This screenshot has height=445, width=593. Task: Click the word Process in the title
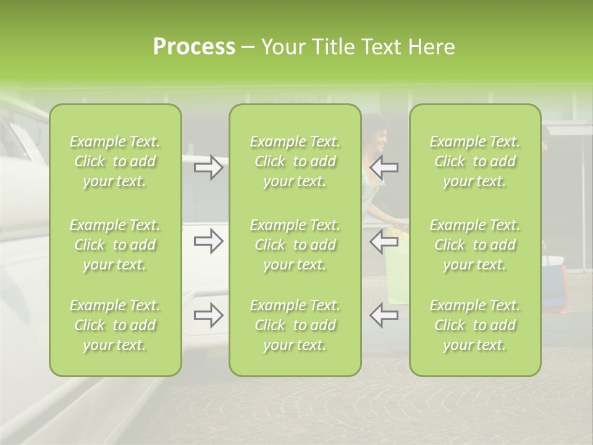pyautogui.click(x=194, y=47)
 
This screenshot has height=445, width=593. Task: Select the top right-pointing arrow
pyautogui.click(x=209, y=167)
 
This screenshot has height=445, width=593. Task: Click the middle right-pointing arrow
pyautogui.click(x=209, y=242)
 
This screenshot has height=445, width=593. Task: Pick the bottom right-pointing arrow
pyautogui.click(x=209, y=315)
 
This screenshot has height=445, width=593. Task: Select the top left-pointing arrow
pyautogui.click(x=384, y=167)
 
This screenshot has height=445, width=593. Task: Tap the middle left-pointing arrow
pyautogui.click(x=384, y=242)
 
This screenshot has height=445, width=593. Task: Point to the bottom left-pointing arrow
pyautogui.click(x=384, y=315)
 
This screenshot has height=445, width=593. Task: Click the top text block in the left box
pyautogui.click(x=115, y=161)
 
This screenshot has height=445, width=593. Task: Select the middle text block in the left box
pyautogui.click(x=115, y=245)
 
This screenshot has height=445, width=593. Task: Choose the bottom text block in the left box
pyautogui.click(x=115, y=325)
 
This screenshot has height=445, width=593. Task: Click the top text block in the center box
pyautogui.click(x=295, y=161)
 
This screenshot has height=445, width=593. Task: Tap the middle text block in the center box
pyautogui.click(x=295, y=245)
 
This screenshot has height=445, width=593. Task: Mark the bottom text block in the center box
pyautogui.click(x=295, y=325)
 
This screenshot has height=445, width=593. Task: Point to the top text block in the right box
pyautogui.click(x=474, y=161)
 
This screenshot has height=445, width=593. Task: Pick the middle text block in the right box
pyautogui.click(x=474, y=245)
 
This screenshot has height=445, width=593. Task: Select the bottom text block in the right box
pyautogui.click(x=474, y=325)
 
